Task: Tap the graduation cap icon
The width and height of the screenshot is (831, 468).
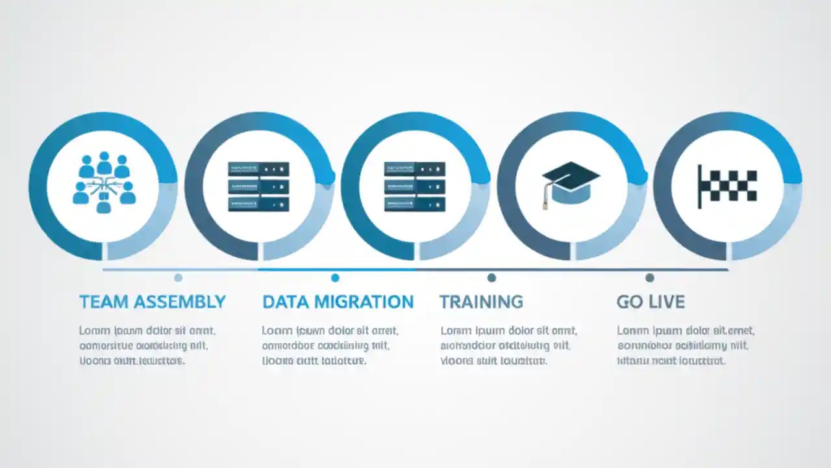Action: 571,183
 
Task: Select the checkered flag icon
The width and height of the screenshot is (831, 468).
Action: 728,186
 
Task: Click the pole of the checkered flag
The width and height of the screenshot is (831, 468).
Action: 699,187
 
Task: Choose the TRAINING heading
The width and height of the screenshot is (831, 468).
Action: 481,302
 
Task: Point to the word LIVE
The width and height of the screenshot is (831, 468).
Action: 667,302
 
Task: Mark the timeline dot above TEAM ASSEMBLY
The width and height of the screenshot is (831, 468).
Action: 179,278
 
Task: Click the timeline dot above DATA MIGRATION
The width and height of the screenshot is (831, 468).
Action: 335,278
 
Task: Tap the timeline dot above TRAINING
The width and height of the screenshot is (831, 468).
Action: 491,278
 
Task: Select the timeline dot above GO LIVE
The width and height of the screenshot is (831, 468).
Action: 649,278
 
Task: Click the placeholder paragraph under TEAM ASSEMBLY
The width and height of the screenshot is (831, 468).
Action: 147,345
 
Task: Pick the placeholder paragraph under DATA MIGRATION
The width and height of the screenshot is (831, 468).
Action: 330,345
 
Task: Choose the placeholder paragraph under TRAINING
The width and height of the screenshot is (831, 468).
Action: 508,345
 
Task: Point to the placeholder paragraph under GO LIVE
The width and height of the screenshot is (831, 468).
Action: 686,345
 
